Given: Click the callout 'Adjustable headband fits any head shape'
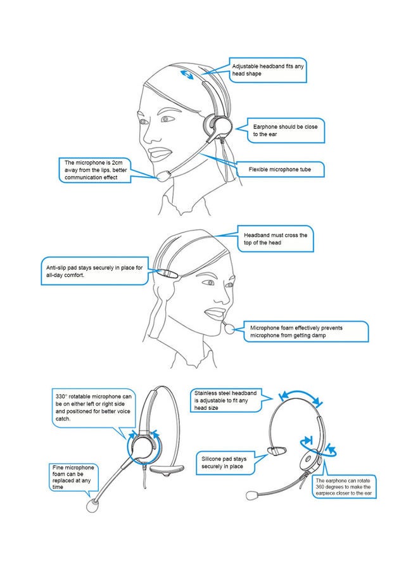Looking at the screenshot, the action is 267,70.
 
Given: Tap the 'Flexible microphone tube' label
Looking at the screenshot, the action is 280,169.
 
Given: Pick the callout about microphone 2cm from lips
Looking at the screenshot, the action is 95,170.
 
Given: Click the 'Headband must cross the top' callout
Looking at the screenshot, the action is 275,239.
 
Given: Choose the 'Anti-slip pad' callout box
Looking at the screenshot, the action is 95,271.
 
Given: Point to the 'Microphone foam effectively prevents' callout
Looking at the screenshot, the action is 306,331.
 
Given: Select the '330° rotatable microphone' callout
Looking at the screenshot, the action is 93,408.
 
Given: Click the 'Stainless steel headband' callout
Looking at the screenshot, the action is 226,400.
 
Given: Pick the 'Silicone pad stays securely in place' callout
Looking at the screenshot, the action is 225,463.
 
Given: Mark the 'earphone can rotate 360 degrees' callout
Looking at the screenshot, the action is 344,487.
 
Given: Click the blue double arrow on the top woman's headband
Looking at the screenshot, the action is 187,75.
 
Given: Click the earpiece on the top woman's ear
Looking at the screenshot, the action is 217,125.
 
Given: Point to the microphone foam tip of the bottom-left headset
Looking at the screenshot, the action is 92,505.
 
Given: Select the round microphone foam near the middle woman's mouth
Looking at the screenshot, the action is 230,329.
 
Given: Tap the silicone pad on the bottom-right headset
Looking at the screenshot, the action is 277,451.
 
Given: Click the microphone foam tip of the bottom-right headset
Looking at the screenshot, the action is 252,495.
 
